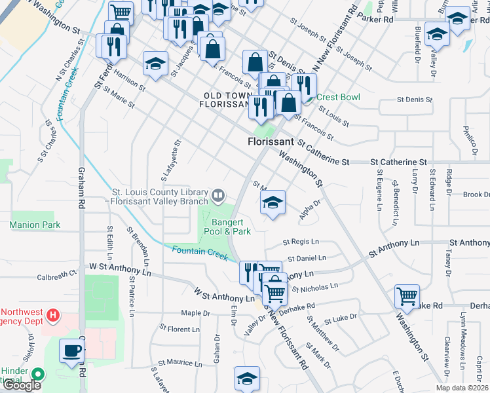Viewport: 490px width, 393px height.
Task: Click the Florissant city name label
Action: coord(271,141)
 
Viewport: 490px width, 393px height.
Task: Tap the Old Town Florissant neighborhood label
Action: coord(226,99)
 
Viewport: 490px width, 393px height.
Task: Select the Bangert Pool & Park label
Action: coord(227,226)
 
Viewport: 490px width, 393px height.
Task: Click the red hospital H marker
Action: coord(53,318)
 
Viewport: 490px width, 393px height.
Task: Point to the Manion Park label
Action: coord(35,225)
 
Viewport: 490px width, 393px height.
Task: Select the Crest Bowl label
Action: coord(338,97)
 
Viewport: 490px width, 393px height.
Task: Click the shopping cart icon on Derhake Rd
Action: coord(407,297)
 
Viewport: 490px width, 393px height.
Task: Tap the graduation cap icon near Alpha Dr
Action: coord(273,202)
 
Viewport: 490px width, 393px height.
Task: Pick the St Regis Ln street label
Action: coord(301,242)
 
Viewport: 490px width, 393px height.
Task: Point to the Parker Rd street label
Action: coord(375,20)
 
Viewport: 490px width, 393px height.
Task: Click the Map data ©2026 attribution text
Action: coord(462,388)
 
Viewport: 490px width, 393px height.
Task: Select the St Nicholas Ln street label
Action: coord(314,287)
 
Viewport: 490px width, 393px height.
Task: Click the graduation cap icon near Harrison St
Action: coord(155,63)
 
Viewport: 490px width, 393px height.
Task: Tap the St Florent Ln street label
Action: coord(179,329)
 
